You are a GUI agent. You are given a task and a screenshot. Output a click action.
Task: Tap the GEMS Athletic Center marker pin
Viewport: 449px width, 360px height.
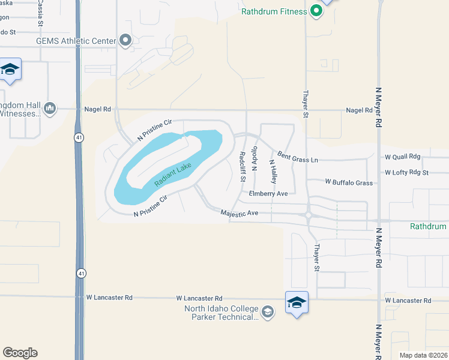(x=125, y=40)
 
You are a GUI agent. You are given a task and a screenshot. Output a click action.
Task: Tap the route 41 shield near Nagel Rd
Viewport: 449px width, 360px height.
(x=79, y=137)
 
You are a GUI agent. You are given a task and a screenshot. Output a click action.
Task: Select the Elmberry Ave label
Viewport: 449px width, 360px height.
(x=269, y=193)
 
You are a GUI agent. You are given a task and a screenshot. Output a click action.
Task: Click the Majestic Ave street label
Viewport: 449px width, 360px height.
(x=239, y=213)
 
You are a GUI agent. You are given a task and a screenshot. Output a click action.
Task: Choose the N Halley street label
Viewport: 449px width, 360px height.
(x=273, y=171)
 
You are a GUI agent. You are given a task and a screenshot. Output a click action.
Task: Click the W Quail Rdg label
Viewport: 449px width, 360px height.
(x=403, y=157)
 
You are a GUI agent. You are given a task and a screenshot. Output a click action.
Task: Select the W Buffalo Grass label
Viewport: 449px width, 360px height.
(x=349, y=182)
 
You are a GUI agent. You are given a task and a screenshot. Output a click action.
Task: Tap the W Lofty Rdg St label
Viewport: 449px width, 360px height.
(x=407, y=172)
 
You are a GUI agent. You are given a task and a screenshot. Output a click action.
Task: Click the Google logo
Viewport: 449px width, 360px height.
(x=20, y=353)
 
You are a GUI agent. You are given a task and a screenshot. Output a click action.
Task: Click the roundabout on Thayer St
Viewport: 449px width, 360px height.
(x=308, y=214)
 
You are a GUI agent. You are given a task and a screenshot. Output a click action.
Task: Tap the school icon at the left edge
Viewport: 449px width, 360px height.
(x=10, y=70)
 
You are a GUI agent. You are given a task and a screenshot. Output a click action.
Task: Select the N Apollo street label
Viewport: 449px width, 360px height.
(x=255, y=160)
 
